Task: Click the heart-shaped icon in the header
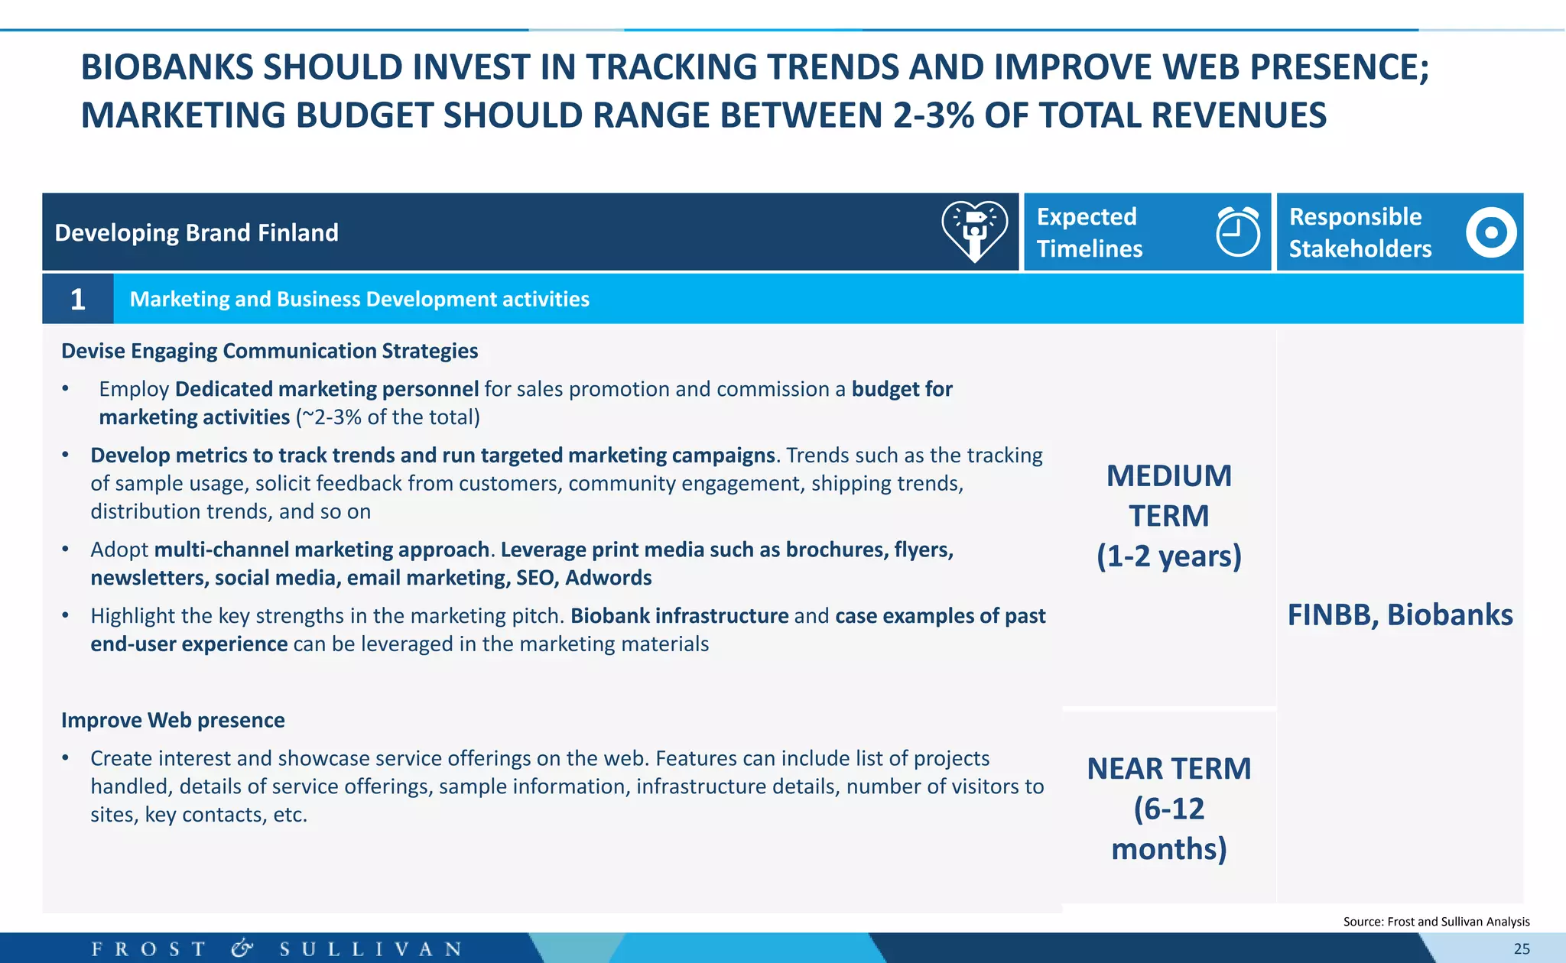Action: coord(974,232)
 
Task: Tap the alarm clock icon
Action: coord(1237,232)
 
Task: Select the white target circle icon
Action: coord(1490,232)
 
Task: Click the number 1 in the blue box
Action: coord(77,299)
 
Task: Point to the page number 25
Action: coord(1521,948)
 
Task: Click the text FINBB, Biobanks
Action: coord(1399,614)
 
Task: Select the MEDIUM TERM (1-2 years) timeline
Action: coord(1168,516)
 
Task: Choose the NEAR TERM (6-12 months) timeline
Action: coord(1168,808)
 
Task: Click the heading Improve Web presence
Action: coord(173,720)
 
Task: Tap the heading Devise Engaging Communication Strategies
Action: coord(269,351)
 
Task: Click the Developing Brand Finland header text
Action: coord(197,232)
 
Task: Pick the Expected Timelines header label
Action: coord(1089,232)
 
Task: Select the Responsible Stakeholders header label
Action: coord(1360,232)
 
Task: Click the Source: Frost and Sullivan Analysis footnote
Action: coord(1436,922)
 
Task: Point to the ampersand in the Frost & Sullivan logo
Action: coord(242,948)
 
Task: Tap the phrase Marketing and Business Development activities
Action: coord(359,299)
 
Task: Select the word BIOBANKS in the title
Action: coord(167,67)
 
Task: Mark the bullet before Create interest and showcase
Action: coord(66,758)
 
